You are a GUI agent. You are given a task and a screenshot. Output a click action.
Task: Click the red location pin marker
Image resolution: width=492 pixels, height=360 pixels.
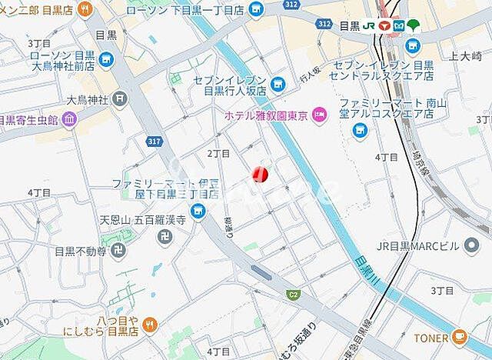coord(261,174)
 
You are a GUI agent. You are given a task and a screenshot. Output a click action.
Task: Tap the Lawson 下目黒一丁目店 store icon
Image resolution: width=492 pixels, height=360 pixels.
coord(257,9)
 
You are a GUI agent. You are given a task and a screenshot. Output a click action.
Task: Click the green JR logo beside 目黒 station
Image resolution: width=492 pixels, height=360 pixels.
coord(370,25)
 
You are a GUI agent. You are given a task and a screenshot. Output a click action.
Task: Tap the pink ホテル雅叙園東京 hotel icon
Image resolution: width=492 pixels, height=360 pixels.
coord(321,115)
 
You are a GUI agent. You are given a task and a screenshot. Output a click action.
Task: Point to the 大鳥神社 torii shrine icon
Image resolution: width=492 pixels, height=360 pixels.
coord(119,98)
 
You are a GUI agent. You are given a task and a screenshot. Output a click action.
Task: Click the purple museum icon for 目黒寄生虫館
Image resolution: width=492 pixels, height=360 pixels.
coord(70,119)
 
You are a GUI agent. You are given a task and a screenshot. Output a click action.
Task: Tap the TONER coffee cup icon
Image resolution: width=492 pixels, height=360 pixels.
coord(459,335)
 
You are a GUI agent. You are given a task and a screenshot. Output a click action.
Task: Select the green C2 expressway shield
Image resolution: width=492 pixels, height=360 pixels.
coord(292,294)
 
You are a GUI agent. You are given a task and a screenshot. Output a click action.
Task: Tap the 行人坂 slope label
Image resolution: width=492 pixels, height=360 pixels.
coord(309,75)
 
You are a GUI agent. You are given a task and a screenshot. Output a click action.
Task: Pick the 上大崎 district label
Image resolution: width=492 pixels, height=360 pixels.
coord(464,55)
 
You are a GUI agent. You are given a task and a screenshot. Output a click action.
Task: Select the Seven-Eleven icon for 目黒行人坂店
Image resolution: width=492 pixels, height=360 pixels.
coord(278,82)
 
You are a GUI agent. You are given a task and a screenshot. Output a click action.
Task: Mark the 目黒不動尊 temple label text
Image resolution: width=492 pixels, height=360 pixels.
coord(80,251)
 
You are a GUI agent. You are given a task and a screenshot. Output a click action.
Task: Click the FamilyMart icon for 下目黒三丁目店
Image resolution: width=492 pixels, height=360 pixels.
coord(199,212)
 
